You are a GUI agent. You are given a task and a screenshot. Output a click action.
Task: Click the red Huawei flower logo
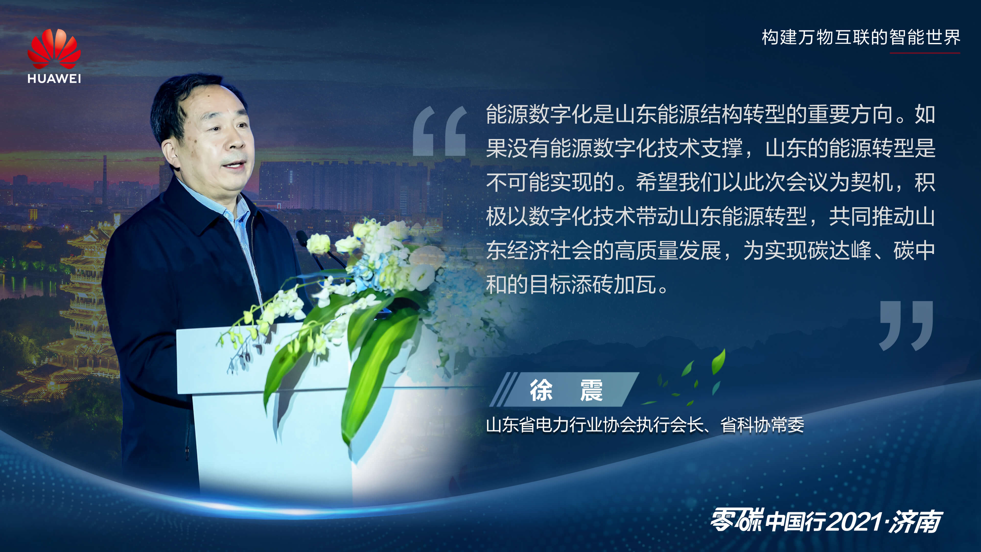pos(54,50)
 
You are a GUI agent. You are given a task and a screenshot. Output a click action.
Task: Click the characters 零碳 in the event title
pos(737,520)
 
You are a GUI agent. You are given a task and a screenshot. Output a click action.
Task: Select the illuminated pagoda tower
pos(86,305)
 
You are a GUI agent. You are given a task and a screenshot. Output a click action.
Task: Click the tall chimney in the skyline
pos(105,179)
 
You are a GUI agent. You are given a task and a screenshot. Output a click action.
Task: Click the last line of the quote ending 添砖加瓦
pos(577,285)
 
